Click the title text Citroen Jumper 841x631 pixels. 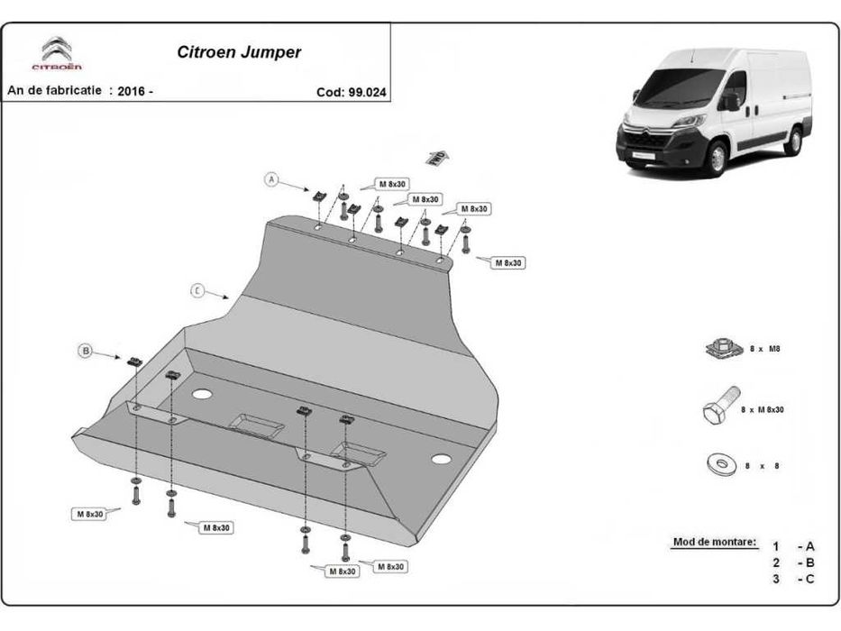(239, 52)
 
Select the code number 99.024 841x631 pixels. (369, 91)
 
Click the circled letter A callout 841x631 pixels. (270, 179)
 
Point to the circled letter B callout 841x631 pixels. (87, 352)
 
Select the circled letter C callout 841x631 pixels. (197, 290)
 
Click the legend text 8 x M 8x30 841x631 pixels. (762, 409)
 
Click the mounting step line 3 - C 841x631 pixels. (792, 579)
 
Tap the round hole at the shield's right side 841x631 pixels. (440, 459)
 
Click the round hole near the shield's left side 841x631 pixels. (202, 394)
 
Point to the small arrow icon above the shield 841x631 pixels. (436, 157)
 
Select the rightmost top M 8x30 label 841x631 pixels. (507, 262)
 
